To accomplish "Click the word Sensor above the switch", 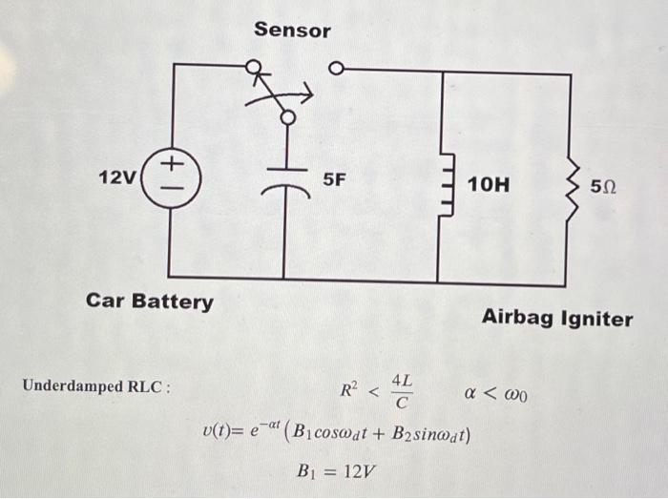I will (x=292, y=31).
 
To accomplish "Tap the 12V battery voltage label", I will (x=117, y=177).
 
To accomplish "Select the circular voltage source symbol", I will (x=170, y=177).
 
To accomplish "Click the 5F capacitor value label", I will (x=335, y=178).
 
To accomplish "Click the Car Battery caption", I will (x=150, y=302).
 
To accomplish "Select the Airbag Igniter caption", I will (x=556, y=319).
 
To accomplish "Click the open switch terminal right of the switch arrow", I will (x=335, y=69).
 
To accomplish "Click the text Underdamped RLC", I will (x=96, y=386).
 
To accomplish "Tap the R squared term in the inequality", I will (x=349, y=389).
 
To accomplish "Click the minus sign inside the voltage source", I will (x=170, y=189).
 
